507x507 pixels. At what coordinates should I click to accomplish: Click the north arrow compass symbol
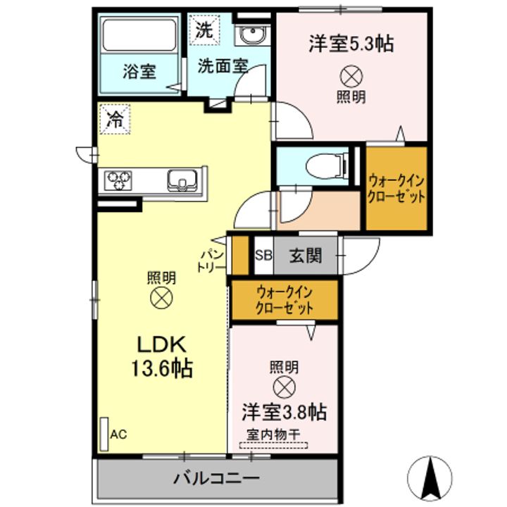(x=430, y=478)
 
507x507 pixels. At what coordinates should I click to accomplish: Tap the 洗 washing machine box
(x=204, y=31)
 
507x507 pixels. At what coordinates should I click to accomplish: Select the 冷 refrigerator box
(x=115, y=119)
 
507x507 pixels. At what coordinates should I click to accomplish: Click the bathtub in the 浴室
(x=139, y=35)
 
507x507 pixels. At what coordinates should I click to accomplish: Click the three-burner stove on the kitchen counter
(x=118, y=180)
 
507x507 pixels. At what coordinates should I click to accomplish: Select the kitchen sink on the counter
(x=182, y=180)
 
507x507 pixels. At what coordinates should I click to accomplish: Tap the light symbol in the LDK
(x=161, y=298)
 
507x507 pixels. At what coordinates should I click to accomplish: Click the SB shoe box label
(x=263, y=256)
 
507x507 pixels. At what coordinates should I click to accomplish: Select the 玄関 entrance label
(x=305, y=256)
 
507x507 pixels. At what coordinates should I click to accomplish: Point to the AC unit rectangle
(x=104, y=434)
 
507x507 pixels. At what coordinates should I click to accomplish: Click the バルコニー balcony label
(x=216, y=477)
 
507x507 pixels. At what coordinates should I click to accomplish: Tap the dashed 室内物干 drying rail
(x=273, y=445)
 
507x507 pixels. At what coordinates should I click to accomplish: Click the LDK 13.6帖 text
(x=162, y=356)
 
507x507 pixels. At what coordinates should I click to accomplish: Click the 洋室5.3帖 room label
(x=351, y=44)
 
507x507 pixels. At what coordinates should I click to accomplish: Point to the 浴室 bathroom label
(x=139, y=72)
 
